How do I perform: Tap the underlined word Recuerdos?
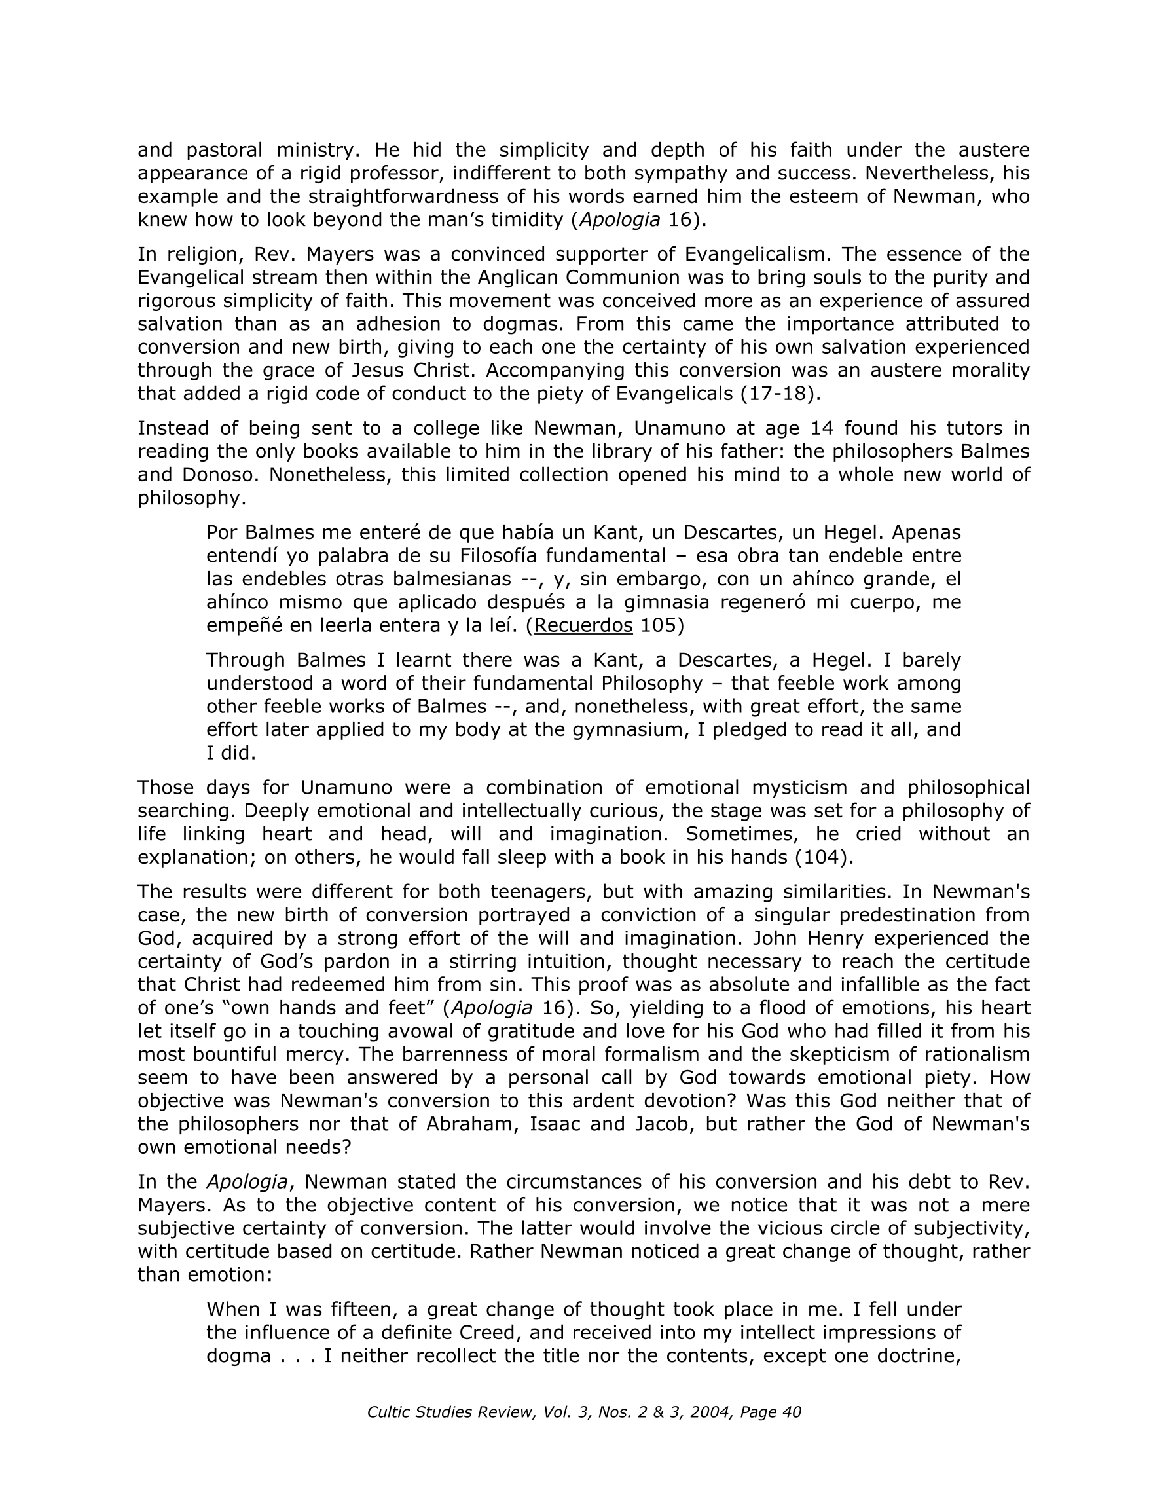point(583,625)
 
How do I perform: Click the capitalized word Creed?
point(489,1333)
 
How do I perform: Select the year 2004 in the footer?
point(715,1412)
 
